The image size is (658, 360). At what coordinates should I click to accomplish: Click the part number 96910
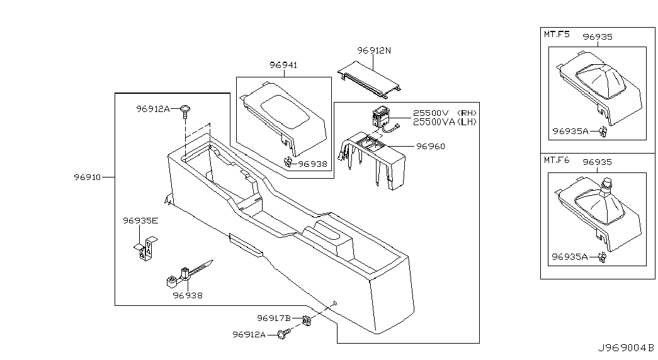pos(88,177)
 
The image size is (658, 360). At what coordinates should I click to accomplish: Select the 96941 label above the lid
pos(283,65)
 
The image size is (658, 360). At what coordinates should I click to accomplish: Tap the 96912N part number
pos(374,50)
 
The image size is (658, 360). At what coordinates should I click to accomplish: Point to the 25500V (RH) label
pos(445,113)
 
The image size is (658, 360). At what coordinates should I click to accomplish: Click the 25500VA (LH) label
pos(445,121)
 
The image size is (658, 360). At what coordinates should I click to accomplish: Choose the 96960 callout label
pos(431,147)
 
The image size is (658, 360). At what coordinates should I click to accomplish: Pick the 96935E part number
pos(140,221)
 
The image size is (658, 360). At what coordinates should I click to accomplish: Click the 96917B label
pos(274,318)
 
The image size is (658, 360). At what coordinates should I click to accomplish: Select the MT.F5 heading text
pos(557,34)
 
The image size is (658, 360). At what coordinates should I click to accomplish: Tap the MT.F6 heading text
pos(557,160)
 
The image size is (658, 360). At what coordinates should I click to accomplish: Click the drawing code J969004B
pos(626,348)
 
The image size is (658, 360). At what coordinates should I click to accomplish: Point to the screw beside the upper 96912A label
pos(184,111)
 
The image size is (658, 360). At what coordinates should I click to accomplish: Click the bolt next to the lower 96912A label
pos(285,334)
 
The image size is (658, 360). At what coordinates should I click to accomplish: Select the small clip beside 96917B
pos(307,321)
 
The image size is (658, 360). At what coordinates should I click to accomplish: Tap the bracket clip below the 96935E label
pos(145,248)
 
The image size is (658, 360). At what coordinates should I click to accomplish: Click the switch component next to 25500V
pos(380,118)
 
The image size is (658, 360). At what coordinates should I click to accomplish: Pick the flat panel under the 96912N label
pos(369,76)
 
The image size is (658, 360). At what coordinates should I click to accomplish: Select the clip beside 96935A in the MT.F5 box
pos(603,132)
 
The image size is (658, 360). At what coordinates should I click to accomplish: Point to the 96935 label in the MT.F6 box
pos(598,162)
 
